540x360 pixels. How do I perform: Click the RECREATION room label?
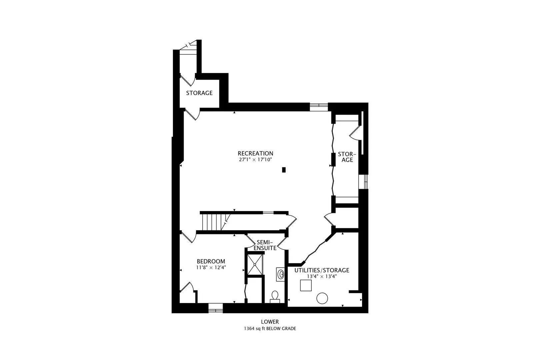tap(255, 153)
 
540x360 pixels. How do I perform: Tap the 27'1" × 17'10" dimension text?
tap(255, 160)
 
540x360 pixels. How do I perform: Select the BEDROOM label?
tap(211, 261)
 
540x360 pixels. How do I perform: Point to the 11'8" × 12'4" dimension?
tap(211, 267)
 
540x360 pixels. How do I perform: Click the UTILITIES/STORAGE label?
tap(322, 270)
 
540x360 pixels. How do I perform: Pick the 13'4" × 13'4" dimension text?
tap(322, 276)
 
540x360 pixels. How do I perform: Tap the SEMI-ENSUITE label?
tap(265, 245)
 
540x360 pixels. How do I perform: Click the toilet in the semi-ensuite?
tap(275, 297)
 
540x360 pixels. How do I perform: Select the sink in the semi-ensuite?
tap(280, 274)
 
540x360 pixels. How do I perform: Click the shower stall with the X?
tap(255, 264)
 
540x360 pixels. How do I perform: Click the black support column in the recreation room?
tap(284, 170)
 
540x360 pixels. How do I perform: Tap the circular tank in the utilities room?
tap(322, 298)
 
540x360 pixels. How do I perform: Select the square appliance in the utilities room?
tap(306, 285)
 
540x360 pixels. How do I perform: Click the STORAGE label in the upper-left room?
tap(199, 93)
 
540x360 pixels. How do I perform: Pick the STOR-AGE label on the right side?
tap(347, 157)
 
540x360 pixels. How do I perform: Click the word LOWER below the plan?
tap(270, 322)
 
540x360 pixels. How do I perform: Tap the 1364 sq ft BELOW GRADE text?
tap(270, 328)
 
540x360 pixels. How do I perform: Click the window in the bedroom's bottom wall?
tap(216, 308)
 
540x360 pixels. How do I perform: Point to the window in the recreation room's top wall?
tap(319, 107)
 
